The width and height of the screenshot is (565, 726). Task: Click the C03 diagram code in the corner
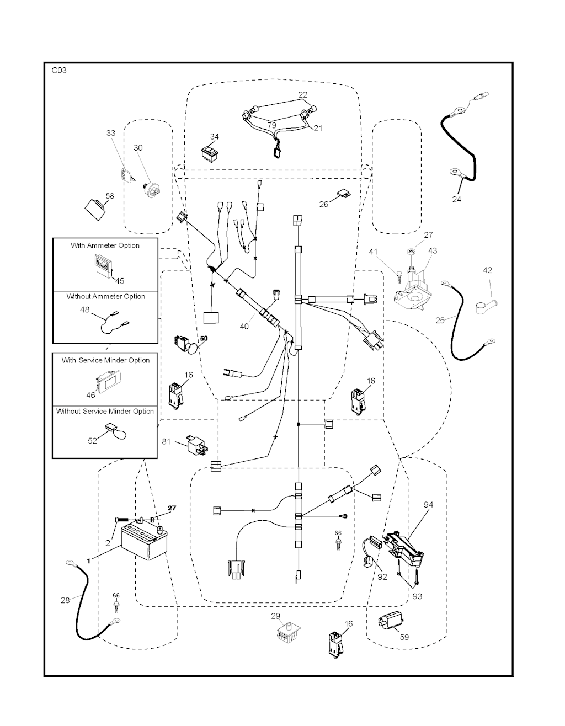pos(59,71)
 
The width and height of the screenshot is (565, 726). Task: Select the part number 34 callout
pos(214,137)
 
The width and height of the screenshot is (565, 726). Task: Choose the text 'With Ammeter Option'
pos(105,245)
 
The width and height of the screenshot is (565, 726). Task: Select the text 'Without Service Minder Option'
pos(105,411)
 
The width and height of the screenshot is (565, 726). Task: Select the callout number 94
pos(428,505)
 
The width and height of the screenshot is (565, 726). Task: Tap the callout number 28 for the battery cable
pos(65,600)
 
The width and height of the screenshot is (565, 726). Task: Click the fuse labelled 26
pos(344,194)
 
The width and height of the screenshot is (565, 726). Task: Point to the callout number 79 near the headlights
pos(271,125)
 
